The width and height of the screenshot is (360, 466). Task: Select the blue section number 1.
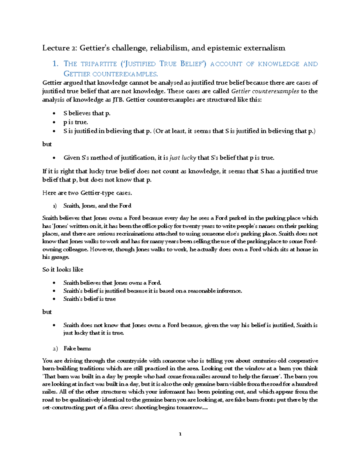point(55,64)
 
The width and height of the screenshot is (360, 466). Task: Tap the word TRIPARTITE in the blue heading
point(99,64)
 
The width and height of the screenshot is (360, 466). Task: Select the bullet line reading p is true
point(76,122)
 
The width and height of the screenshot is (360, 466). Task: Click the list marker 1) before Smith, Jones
point(54,206)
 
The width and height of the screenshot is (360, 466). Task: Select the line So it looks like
point(63,269)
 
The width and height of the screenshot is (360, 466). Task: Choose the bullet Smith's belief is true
point(89,299)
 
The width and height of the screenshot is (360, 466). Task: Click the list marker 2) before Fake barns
point(55,349)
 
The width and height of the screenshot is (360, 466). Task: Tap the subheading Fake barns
point(77,349)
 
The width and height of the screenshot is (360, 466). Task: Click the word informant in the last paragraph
point(172,392)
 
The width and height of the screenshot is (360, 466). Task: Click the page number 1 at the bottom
point(180,434)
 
